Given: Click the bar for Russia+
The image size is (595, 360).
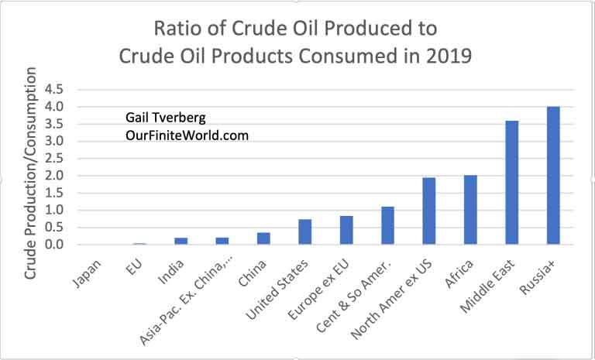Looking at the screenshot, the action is click(x=553, y=175).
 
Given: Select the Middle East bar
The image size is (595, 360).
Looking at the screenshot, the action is click(x=512, y=183).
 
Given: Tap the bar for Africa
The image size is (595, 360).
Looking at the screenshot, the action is click(x=470, y=210).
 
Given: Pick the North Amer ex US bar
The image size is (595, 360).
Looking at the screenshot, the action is click(x=429, y=211).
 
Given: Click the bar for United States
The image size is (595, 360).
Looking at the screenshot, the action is click(x=305, y=231).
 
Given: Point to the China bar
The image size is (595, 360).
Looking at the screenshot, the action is click(x=263, y=238).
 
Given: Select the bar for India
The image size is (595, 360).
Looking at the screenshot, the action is click(x=181, y=241).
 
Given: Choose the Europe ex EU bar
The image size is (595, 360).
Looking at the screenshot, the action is click(x=346, y=230).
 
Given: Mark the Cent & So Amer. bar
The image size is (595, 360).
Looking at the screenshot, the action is click(x=388, y=225).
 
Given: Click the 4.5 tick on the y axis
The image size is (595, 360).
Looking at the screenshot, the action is click(x=55, y=90).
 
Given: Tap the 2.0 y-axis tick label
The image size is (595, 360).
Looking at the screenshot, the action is click(x=55, y=176).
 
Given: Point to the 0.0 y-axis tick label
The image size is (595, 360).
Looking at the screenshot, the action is click(x=55, y=245).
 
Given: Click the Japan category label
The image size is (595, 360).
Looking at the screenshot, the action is click(x=88, y=273).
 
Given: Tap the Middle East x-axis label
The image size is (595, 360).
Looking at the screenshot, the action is click(x=487, y=286).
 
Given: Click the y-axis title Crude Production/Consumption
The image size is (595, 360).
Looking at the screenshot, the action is click(x=30, y=173).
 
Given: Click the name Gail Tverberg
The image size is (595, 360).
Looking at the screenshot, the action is click(x=166, y=118).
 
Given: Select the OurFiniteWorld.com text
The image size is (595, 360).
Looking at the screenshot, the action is click(x=187, y=135).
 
